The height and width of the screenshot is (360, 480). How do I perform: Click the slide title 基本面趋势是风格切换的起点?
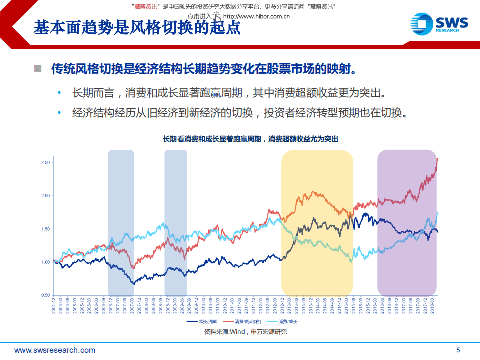tap(137, 27)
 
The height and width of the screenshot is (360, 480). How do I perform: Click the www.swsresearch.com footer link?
tap(55, 350)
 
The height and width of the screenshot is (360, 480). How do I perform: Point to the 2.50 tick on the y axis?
tap(45, 163)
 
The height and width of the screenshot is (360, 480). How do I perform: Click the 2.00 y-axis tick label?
tap(45, 196)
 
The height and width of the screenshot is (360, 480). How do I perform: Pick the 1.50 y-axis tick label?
tap(45, 229)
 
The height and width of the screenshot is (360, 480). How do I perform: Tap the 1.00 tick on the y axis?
tap(45, 262)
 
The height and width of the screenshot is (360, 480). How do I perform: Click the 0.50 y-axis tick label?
tap(45, 295)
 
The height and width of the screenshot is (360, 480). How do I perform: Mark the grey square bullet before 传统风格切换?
tap(38, 68)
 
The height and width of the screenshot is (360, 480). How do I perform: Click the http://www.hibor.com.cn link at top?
tap(256, 16)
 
